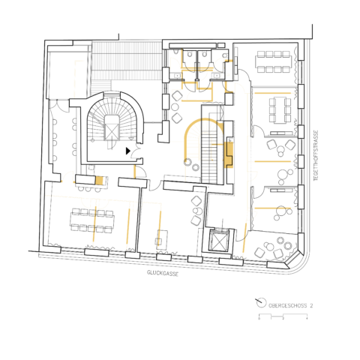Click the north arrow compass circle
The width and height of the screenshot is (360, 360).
261,304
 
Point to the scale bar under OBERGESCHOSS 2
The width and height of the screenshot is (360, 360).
283,316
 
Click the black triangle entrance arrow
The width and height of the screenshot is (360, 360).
128,151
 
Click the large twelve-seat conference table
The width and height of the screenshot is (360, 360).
91,220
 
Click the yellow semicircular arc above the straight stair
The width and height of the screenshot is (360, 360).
200,129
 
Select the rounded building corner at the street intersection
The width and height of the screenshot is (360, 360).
306,259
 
